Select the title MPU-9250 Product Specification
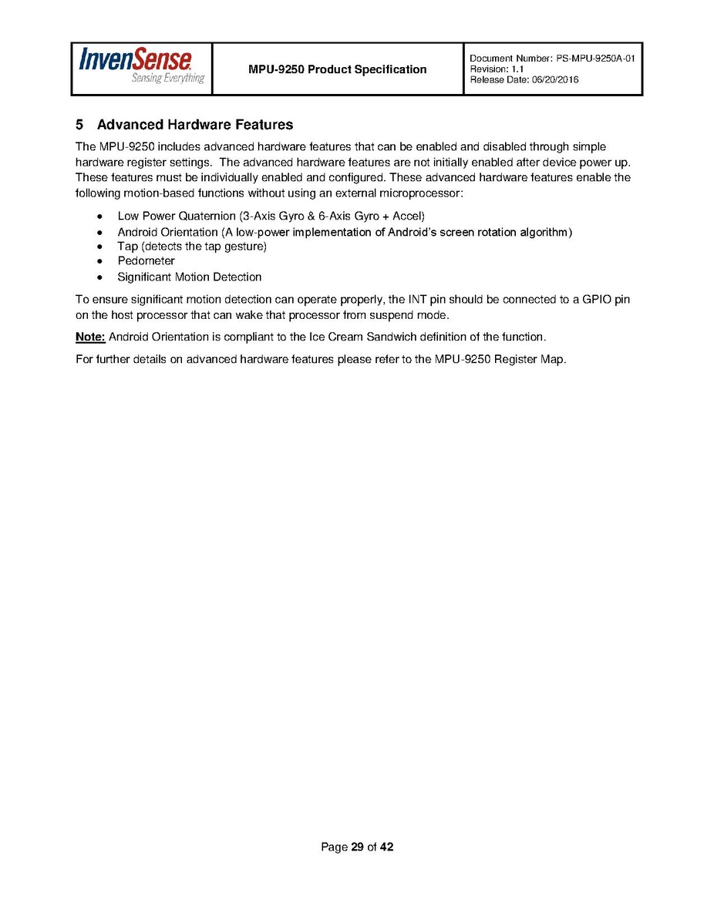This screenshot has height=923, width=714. pyautogui.click(x=337, y=69)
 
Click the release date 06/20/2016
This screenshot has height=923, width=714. pyautogui.click(x=554, y=80)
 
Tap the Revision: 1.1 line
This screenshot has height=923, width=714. pyautogui.click(x=497, y=69)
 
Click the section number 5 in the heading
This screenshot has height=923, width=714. pyautogui.click(x=79, y=125)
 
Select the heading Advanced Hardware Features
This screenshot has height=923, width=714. pyautogui.click(x=195, y=125)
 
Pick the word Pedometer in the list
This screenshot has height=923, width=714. pyautogui.click(x=146, y=261)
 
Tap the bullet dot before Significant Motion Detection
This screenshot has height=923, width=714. pyautogui.click(x=99, y=277)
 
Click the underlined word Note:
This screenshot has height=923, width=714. pyautogui.click(x=90, y=337)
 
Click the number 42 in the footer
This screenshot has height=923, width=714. pyautogui.click(x=386, y=847)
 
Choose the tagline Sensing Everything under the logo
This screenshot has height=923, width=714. pyautogui.click(x=168, y=79)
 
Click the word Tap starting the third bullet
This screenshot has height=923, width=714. pyautogui.click(x=127, y=247)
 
